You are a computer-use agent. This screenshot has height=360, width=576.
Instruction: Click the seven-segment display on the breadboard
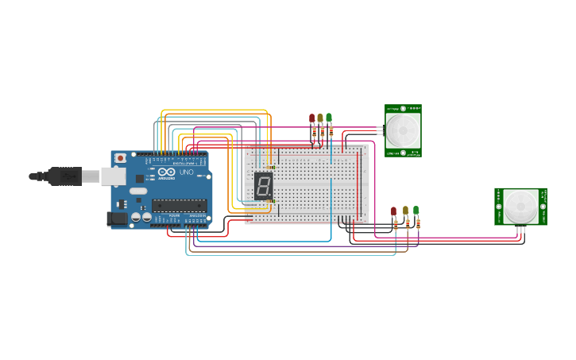pos(264,186)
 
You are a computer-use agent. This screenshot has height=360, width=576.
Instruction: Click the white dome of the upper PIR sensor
pos(403,128)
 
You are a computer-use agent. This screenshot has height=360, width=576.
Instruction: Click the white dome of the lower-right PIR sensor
pos(520,206)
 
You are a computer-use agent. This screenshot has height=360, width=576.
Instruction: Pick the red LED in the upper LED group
pos(312,118)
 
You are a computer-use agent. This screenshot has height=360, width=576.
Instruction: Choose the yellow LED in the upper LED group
pos(320,118)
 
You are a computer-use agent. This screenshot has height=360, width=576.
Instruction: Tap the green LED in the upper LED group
pos(329,118)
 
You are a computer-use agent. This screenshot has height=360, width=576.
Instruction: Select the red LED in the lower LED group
pos(393,211)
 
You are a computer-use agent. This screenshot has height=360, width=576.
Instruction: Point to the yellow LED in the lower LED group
pos(405,211)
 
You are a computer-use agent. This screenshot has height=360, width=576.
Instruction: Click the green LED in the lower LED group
pos(416,211)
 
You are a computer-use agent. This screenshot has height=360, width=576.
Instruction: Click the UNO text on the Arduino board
pos(186,172)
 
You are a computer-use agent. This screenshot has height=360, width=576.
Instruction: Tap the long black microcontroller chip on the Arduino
pos(180,205)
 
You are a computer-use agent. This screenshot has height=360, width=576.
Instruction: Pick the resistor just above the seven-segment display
pos(273,168)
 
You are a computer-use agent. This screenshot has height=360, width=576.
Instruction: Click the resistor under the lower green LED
pos(418,224)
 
